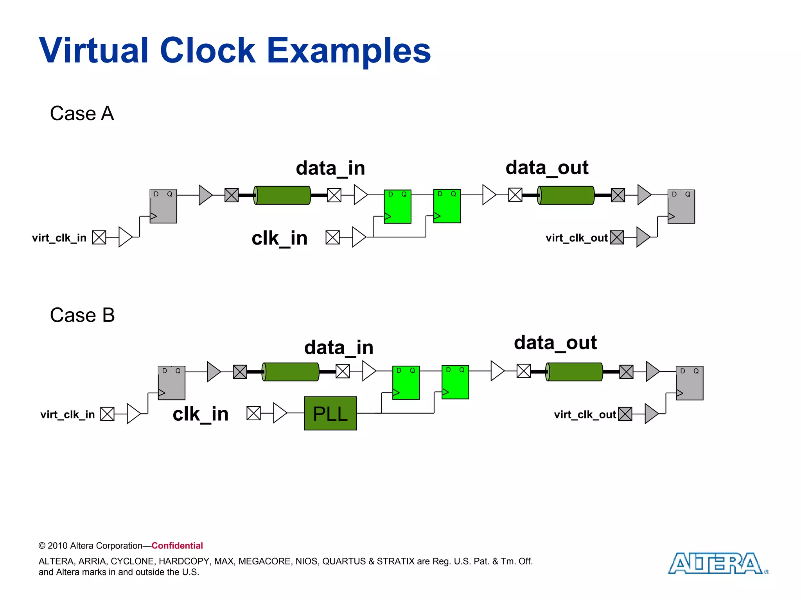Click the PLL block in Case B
pos(330,413)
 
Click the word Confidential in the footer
pos(177,546)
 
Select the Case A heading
pos(82,114)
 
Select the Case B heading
pos(82,315)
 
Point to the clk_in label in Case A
pos(279,238)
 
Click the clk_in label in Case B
pos(200,414)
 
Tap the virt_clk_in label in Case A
pos(59,238)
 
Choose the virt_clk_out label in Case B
pos(585,414)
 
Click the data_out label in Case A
pos(547,168)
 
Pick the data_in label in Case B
pos(339,348)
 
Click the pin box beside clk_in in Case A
pos(332,237)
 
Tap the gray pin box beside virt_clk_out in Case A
pos(617,237)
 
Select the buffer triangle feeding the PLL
pos(280,413)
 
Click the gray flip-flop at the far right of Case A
pos(681,206)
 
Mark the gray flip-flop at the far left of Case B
pos(171,383)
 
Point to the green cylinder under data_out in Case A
pos(566,195)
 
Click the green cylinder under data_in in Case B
pos(291,371)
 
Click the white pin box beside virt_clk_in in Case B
pos(107,414)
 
